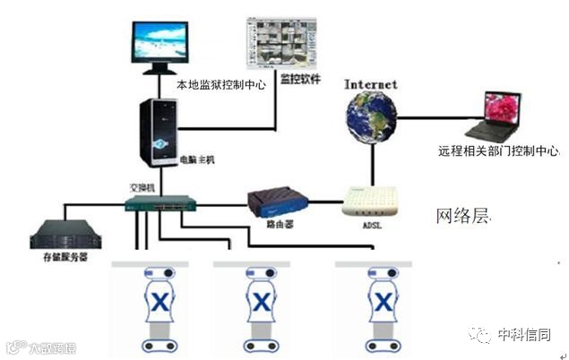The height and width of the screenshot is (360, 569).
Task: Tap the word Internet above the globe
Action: pyautogui.click(x=370, y=84)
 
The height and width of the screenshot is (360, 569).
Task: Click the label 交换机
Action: pyautogui.click(x=144, y=188)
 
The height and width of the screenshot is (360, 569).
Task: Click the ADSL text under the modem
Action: pyautogui.click(x=368, y=226)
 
